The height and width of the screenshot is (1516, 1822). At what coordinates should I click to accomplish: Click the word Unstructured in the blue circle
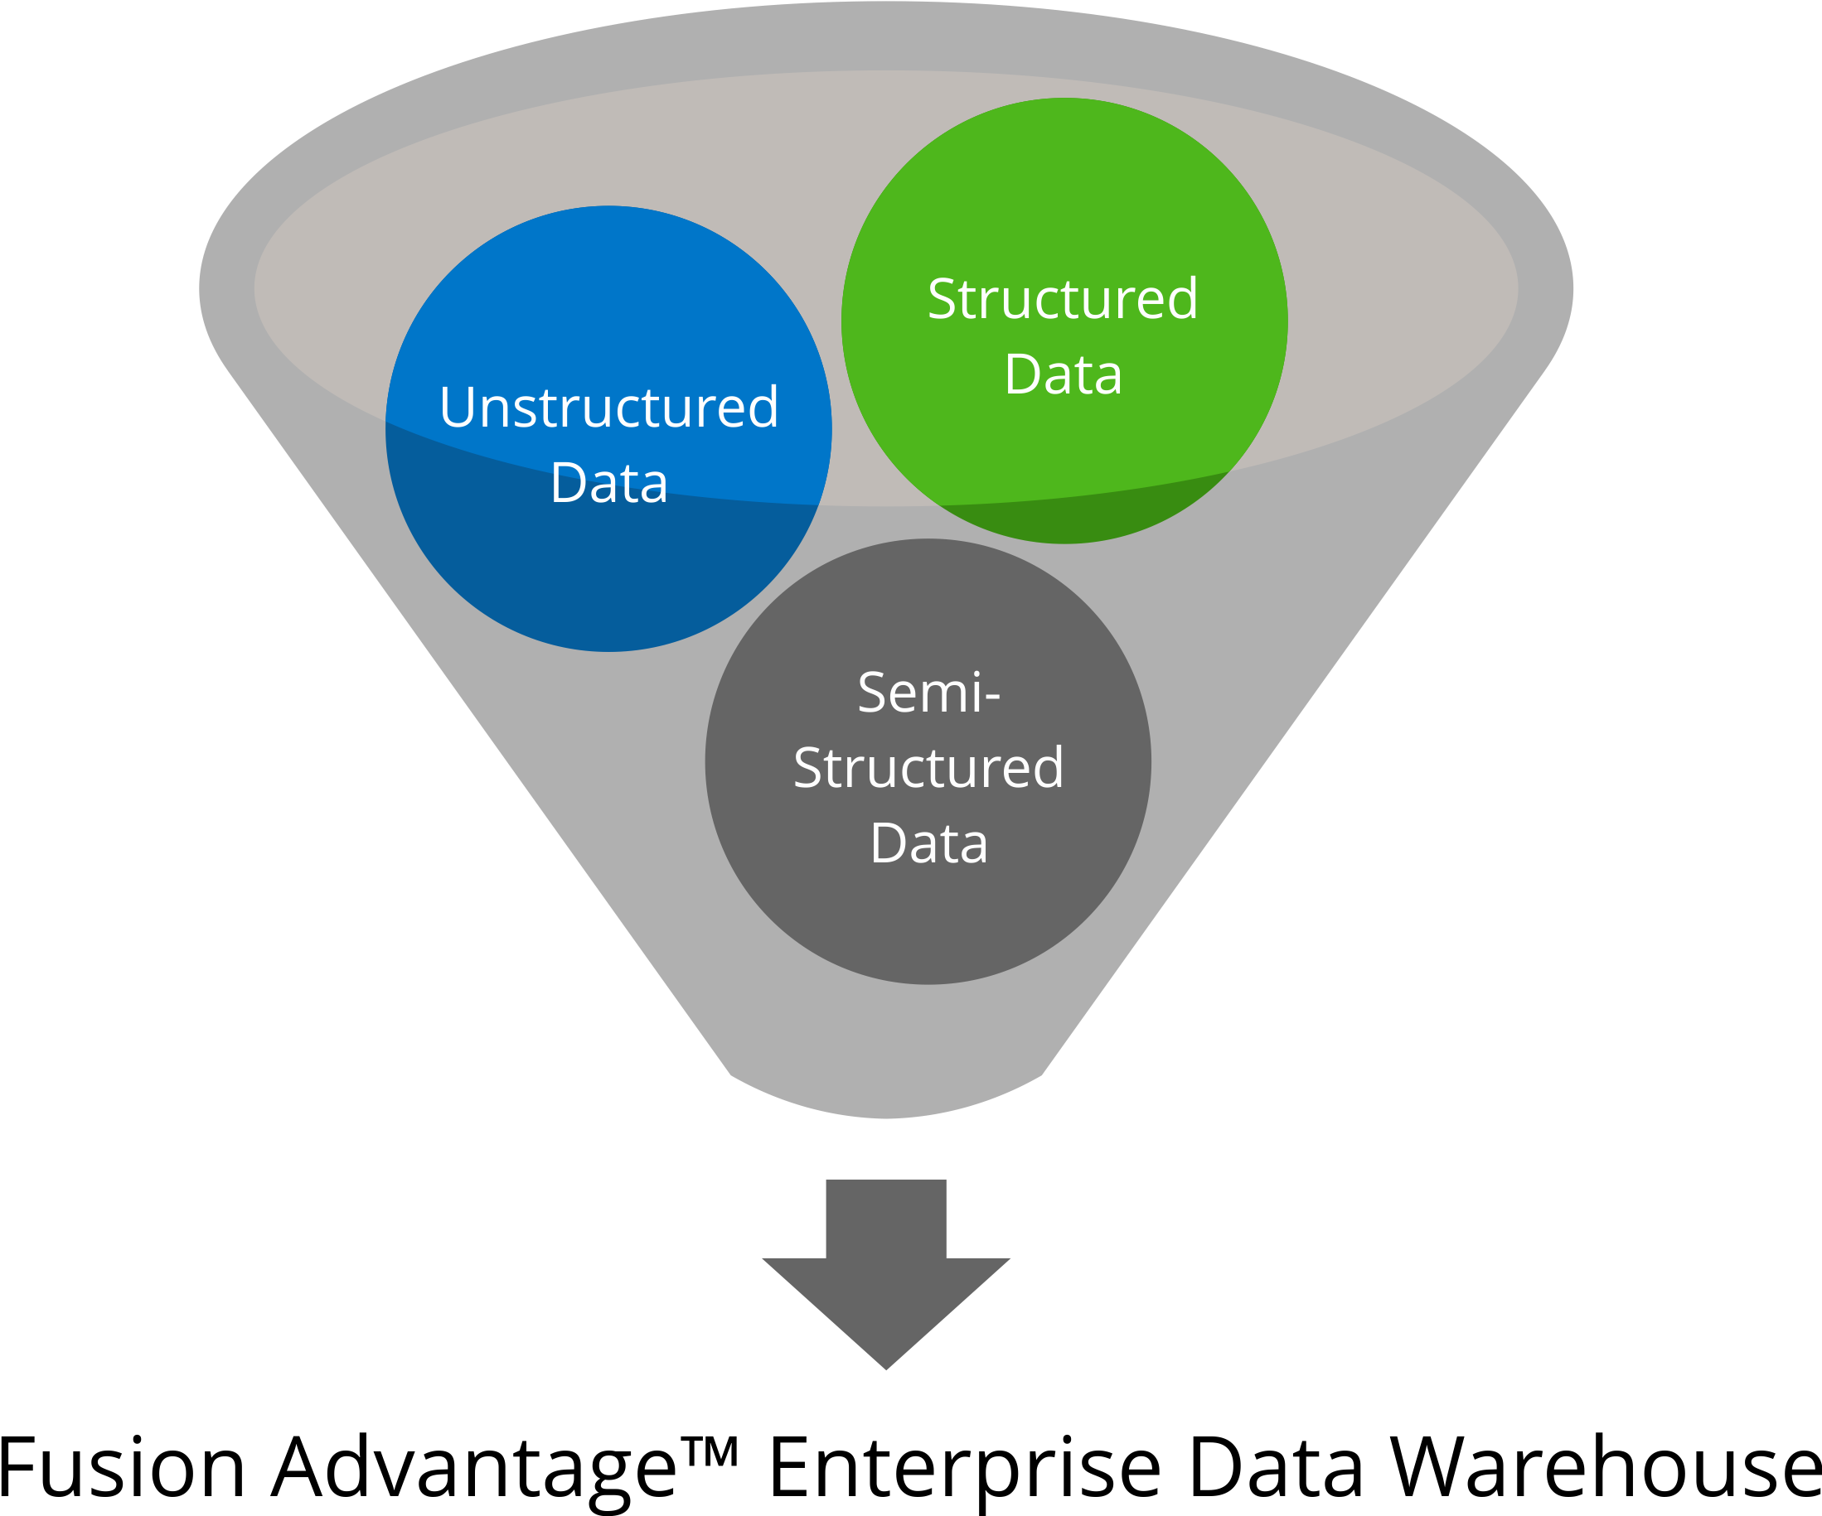pyautogui.click(x=608, y=407)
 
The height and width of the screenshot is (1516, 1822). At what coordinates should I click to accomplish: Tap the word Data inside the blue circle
pyautogui.click(x=608, y=482)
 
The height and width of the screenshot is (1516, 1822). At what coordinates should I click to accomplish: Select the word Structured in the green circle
pyautogui.click(x=1063, y=298)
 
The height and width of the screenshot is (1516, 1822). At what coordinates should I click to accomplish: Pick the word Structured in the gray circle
pyautogui.click(x=928, y=768)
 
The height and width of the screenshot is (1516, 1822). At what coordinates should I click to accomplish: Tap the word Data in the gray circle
pyautogui.click(x=928, y=842)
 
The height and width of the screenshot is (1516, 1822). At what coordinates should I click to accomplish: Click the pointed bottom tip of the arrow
pyautogui.click(x=886, y=1365)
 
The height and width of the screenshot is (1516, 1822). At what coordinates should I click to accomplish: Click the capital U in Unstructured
pyautogui.click(x=456, y=407)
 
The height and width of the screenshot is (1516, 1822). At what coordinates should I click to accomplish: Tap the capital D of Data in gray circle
pyautogui.click(x=887, y=842)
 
